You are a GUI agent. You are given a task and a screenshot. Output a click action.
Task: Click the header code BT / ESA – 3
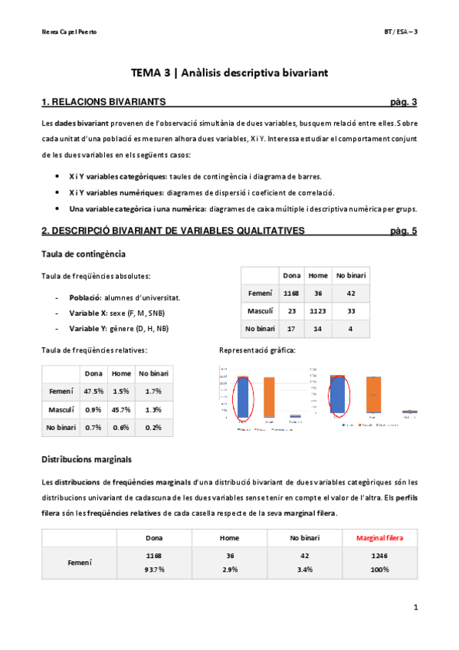coord(401,31)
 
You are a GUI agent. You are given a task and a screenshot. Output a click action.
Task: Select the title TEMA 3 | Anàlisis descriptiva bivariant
coord(229,73)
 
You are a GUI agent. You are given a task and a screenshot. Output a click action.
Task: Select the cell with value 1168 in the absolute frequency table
coord(291,293)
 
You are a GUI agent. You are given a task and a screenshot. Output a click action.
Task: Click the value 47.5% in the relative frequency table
coord(94,391)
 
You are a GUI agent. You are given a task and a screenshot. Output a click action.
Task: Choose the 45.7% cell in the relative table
coord(120,409)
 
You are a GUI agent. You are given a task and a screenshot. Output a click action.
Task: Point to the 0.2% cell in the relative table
coord(152,427)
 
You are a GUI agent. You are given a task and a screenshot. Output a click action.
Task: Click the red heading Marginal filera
coord(377,539)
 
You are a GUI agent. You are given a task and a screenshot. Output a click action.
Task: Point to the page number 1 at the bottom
coord(414,608)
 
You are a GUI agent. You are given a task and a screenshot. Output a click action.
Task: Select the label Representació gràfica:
coord(257,350)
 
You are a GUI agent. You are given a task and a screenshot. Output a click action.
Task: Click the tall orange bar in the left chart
coord(269,397)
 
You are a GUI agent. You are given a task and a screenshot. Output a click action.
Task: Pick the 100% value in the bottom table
coord(377,570)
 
